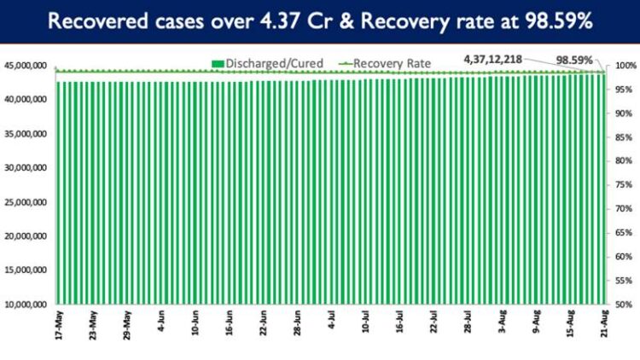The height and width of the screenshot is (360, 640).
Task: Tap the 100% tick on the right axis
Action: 625,66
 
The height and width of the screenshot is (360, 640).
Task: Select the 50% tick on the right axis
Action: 623,305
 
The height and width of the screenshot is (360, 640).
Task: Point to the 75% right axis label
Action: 623,185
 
